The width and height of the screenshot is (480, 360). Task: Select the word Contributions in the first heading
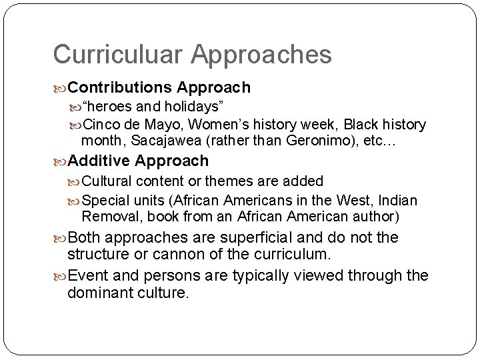pyautogui.click(x=120, y=87)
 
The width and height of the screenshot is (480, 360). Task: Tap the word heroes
pyautogui.click(x=111, y=107)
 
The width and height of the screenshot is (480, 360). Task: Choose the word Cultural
pyautogui.click(x=109, y=181)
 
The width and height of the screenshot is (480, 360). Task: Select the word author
pyautogui.click(x=375, y=216)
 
